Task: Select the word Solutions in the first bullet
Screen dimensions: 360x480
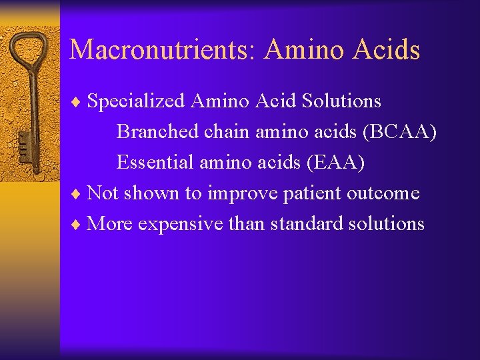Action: [x=341, y=101]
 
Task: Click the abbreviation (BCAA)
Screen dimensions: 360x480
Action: [x=399, y=131]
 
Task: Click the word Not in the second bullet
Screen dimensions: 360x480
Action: [x=103, y=193]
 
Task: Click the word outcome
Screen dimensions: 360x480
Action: [x=381, y=193]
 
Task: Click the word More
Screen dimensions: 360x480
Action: [x=110, y=223]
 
